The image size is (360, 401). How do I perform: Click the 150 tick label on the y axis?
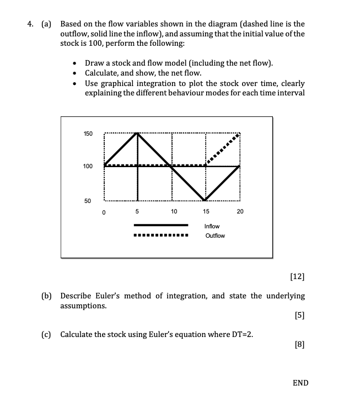click(88, 134)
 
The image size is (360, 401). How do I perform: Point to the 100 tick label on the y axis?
click(88, 166)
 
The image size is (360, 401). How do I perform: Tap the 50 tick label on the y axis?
click(88, 201)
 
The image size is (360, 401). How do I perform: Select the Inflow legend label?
click(212, 226)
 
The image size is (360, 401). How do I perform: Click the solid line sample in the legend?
click(161, 226)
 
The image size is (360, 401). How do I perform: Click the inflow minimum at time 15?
click(206, 200)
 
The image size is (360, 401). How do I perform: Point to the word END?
click(300, 382)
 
